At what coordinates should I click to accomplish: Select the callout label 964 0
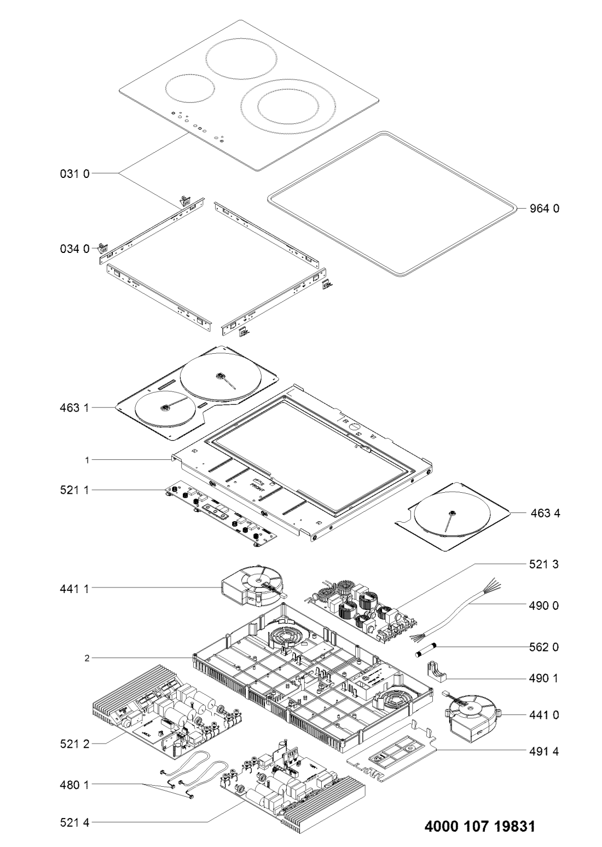[544, 208]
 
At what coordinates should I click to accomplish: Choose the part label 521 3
[545, 563]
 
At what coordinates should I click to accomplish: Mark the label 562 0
[545, 647]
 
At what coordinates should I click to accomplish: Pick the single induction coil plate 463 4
[451, 515]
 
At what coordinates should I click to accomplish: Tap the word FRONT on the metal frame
[258, 485]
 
